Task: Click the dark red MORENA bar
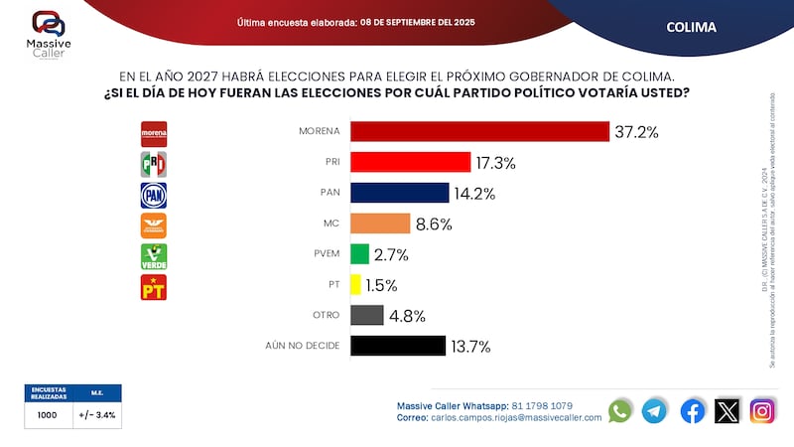tap(479, 131)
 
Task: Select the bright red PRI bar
tap(410, 162)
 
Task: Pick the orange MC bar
tap(380, 223)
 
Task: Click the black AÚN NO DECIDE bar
tap(397, 346)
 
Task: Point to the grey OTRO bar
tap(367, 315)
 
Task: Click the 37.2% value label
tap(637, 132)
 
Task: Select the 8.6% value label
tap(433, 224)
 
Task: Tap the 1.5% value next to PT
tap(380, 285)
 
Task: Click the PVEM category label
tap(326, 254)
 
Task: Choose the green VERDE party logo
tap(154, 256)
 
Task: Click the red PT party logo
tap(154, 288)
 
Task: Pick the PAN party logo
tap(154, 195)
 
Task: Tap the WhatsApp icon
tap(620, 410)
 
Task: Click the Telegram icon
tap(654, 410)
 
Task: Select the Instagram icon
tap(762, 410)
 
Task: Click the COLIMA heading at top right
tap(691, 27)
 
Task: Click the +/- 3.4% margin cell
tap(97, 415)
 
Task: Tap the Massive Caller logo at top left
tap(49, 30)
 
